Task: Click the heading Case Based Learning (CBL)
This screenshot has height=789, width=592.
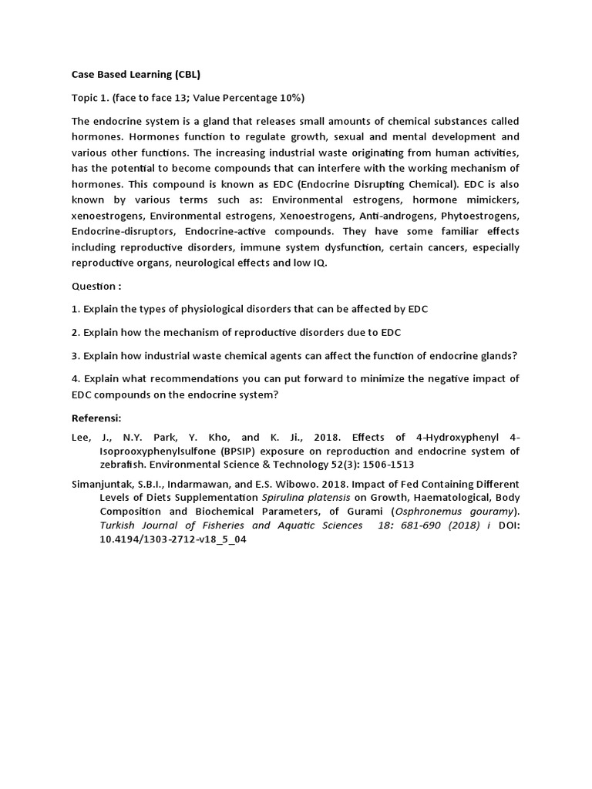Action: coord(136,74)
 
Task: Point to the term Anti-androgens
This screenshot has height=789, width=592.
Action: coord(394,217)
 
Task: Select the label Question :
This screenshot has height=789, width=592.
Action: coord(96,286)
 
